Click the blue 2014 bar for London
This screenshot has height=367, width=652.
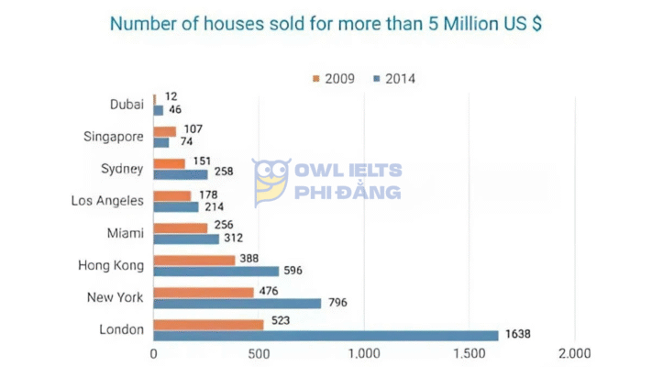coord(326,335)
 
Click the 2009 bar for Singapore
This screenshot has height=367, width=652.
coord(164,131)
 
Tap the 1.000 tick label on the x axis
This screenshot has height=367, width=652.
coord(364,352)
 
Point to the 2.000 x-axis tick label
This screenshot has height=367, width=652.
coord(574,352)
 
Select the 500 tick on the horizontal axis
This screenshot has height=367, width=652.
coord(259,352)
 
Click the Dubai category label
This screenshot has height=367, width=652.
coord(126,104)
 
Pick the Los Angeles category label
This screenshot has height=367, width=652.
coord(107,200)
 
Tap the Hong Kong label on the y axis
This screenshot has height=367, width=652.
coord(112,265)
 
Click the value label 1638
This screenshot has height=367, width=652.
coord(518,335)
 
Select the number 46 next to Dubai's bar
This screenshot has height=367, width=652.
coord(175,110)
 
